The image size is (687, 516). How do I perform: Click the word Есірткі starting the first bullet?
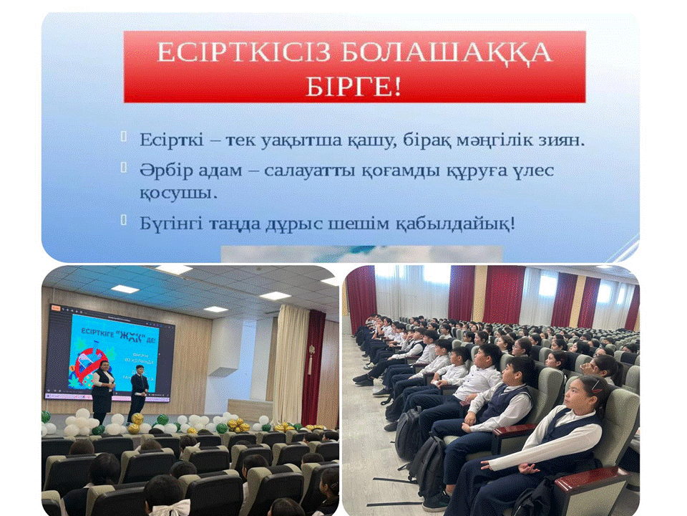pos(167,140)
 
